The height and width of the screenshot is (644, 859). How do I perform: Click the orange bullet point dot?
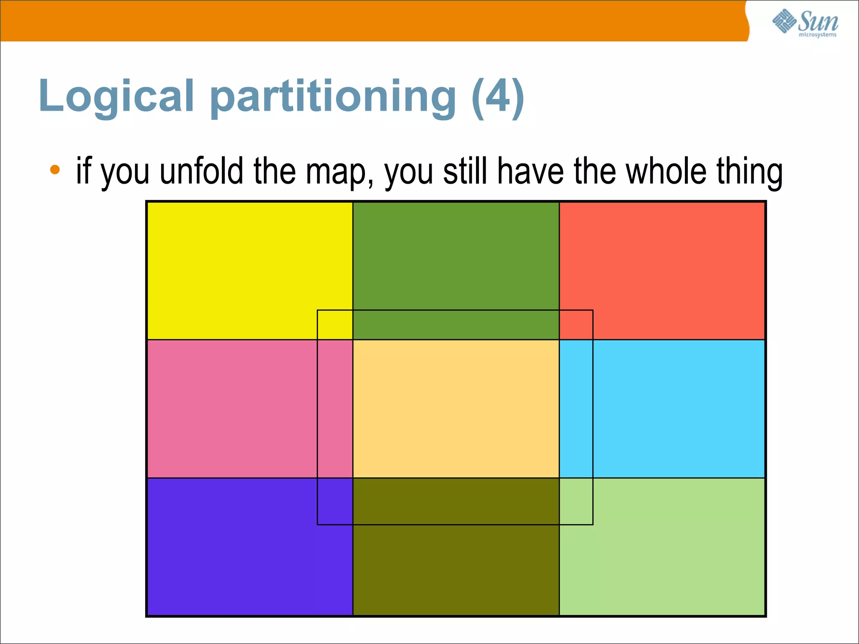[x=55, y=170]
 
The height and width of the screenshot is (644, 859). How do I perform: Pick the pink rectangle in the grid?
[x=231, y=409]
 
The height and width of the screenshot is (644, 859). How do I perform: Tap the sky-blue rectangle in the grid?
[x=679, y=409]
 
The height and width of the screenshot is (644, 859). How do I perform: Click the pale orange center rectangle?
[x=456, y=409]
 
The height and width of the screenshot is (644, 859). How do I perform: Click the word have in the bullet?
[x=530, y=171]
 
